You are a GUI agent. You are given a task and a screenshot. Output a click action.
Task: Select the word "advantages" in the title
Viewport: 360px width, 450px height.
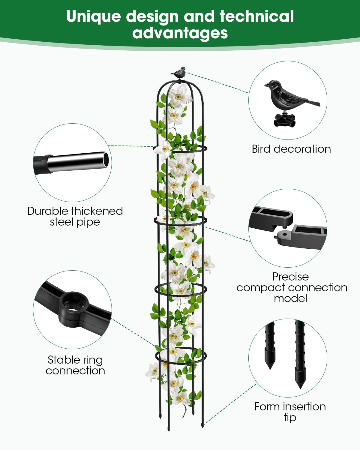(180, 33)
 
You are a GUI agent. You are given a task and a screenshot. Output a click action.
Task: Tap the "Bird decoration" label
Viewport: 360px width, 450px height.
(291, 149)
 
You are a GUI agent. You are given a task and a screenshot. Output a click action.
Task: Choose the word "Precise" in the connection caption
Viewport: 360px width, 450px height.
(290, 277)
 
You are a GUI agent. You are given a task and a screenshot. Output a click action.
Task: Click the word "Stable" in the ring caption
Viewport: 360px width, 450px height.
(62, 360)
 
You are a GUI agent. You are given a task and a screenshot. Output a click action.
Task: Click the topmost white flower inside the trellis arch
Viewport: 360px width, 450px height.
(179, 96)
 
